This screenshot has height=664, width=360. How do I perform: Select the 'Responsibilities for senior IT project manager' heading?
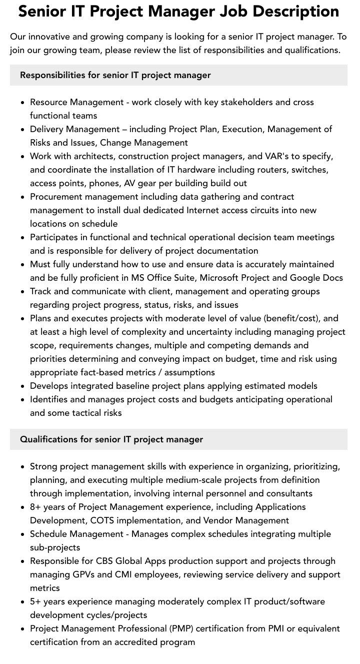click(x=115, y=75)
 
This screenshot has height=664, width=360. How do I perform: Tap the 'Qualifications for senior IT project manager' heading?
click(x=111, y=439)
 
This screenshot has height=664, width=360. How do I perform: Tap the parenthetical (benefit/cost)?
click(x=292, y=318)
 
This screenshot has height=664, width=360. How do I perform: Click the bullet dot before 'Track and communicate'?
click(x=23, y=292)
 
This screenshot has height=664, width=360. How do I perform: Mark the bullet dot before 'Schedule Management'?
click(x=23, y=534)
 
